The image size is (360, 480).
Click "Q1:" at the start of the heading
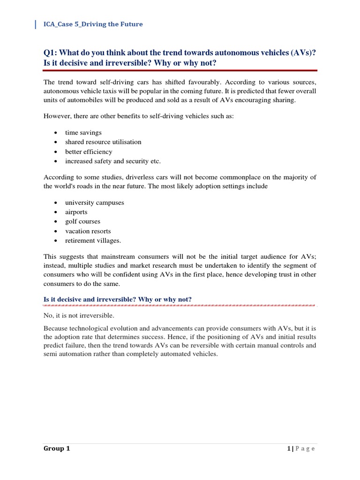pos(52,53)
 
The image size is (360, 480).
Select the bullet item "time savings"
pos(83,133)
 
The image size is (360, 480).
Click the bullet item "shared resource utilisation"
pos(103,142)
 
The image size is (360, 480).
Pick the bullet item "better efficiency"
pos(89,151)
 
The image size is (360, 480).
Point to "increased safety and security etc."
pos(113,161)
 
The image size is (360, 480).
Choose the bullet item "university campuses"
pos(95,202)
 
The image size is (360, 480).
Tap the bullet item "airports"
pos(76,212)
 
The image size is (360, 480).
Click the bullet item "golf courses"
pos(82,221)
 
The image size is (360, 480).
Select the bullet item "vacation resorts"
pos(88,231)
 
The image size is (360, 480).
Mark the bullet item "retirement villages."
pos(93,240)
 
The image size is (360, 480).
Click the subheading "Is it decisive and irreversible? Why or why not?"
pos(118,300)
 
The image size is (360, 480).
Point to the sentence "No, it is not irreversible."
pos(79,315)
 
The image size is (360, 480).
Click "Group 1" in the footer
pos(57,449)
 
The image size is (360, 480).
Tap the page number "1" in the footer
pos(289,449)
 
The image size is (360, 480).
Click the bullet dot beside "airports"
pos(56,212)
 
